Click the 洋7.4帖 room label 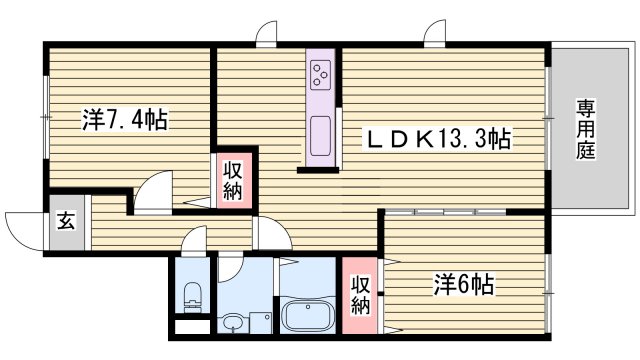(x=124, y=121)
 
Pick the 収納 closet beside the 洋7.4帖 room (x=232, y=181)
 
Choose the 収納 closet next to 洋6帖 (x=361, y=291)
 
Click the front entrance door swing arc (x=23, y=226)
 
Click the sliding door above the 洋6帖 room (x=445, y=212)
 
